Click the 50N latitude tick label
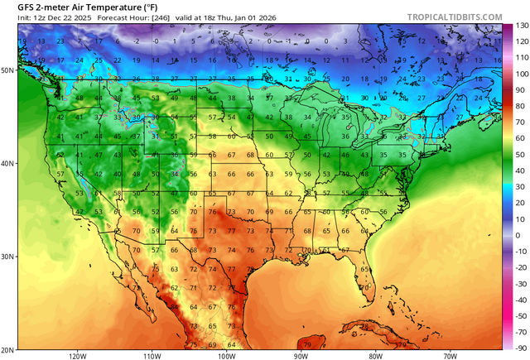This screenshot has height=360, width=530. [8, 70]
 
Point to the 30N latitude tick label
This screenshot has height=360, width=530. [8, 256]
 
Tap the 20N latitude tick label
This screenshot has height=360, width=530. [8, 348]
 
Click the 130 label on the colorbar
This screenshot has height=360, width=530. [520, 26]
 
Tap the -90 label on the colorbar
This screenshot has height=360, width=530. [520, 348]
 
